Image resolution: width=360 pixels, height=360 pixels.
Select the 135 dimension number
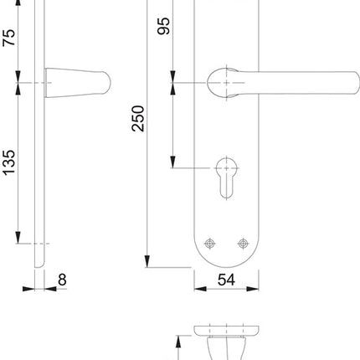click(8, 163)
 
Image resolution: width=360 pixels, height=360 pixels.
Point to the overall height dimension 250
click(138, 121)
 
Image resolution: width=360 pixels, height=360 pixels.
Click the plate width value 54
click(224, 280)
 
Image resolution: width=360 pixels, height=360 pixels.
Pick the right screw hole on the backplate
click(243, 244)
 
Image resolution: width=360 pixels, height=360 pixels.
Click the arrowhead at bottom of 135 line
click(18, 238)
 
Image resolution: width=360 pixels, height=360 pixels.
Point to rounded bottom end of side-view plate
click(37, 265)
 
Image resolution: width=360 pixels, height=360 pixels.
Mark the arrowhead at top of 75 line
click(18, 4)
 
